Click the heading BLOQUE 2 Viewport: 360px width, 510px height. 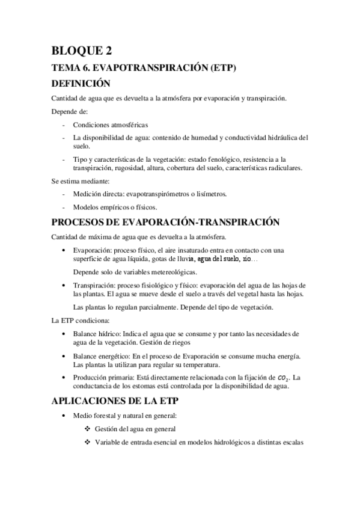click(81, 51)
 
